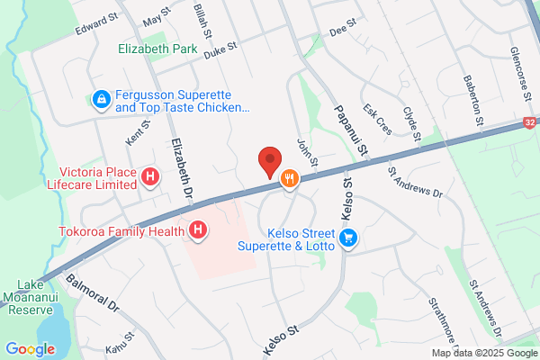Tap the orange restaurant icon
(x=289, y=178)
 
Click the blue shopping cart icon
(x=348, y=238)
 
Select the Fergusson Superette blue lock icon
(x=102, y=98)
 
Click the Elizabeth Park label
(x=157, y=50)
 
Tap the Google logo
(x=30, y=348)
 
